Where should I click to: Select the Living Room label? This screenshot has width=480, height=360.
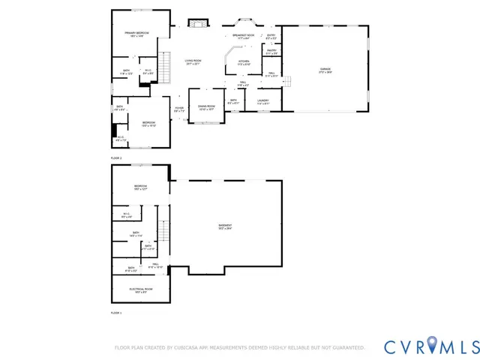pos(193,62)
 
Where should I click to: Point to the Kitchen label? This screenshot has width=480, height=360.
pos(244,63)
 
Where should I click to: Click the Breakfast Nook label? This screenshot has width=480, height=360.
pos(243,37)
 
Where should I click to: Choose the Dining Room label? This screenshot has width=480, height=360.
pos(206,108)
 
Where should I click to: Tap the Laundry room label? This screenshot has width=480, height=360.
pos(262,101)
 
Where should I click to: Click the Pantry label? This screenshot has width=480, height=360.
pos(271,52)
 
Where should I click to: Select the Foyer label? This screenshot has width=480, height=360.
pos(179,109)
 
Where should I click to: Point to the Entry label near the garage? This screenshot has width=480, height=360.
pos(271,36)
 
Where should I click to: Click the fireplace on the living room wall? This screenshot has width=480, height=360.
pos(197,24)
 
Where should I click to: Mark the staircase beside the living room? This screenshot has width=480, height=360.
pos(168,64)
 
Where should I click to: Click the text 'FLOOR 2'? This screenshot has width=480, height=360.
pos(116,158)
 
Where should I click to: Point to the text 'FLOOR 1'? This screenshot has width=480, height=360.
pos(116,312)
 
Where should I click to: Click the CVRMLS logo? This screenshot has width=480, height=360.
pos(430,346)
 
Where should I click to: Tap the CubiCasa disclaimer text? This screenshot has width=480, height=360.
pos(239,347)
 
